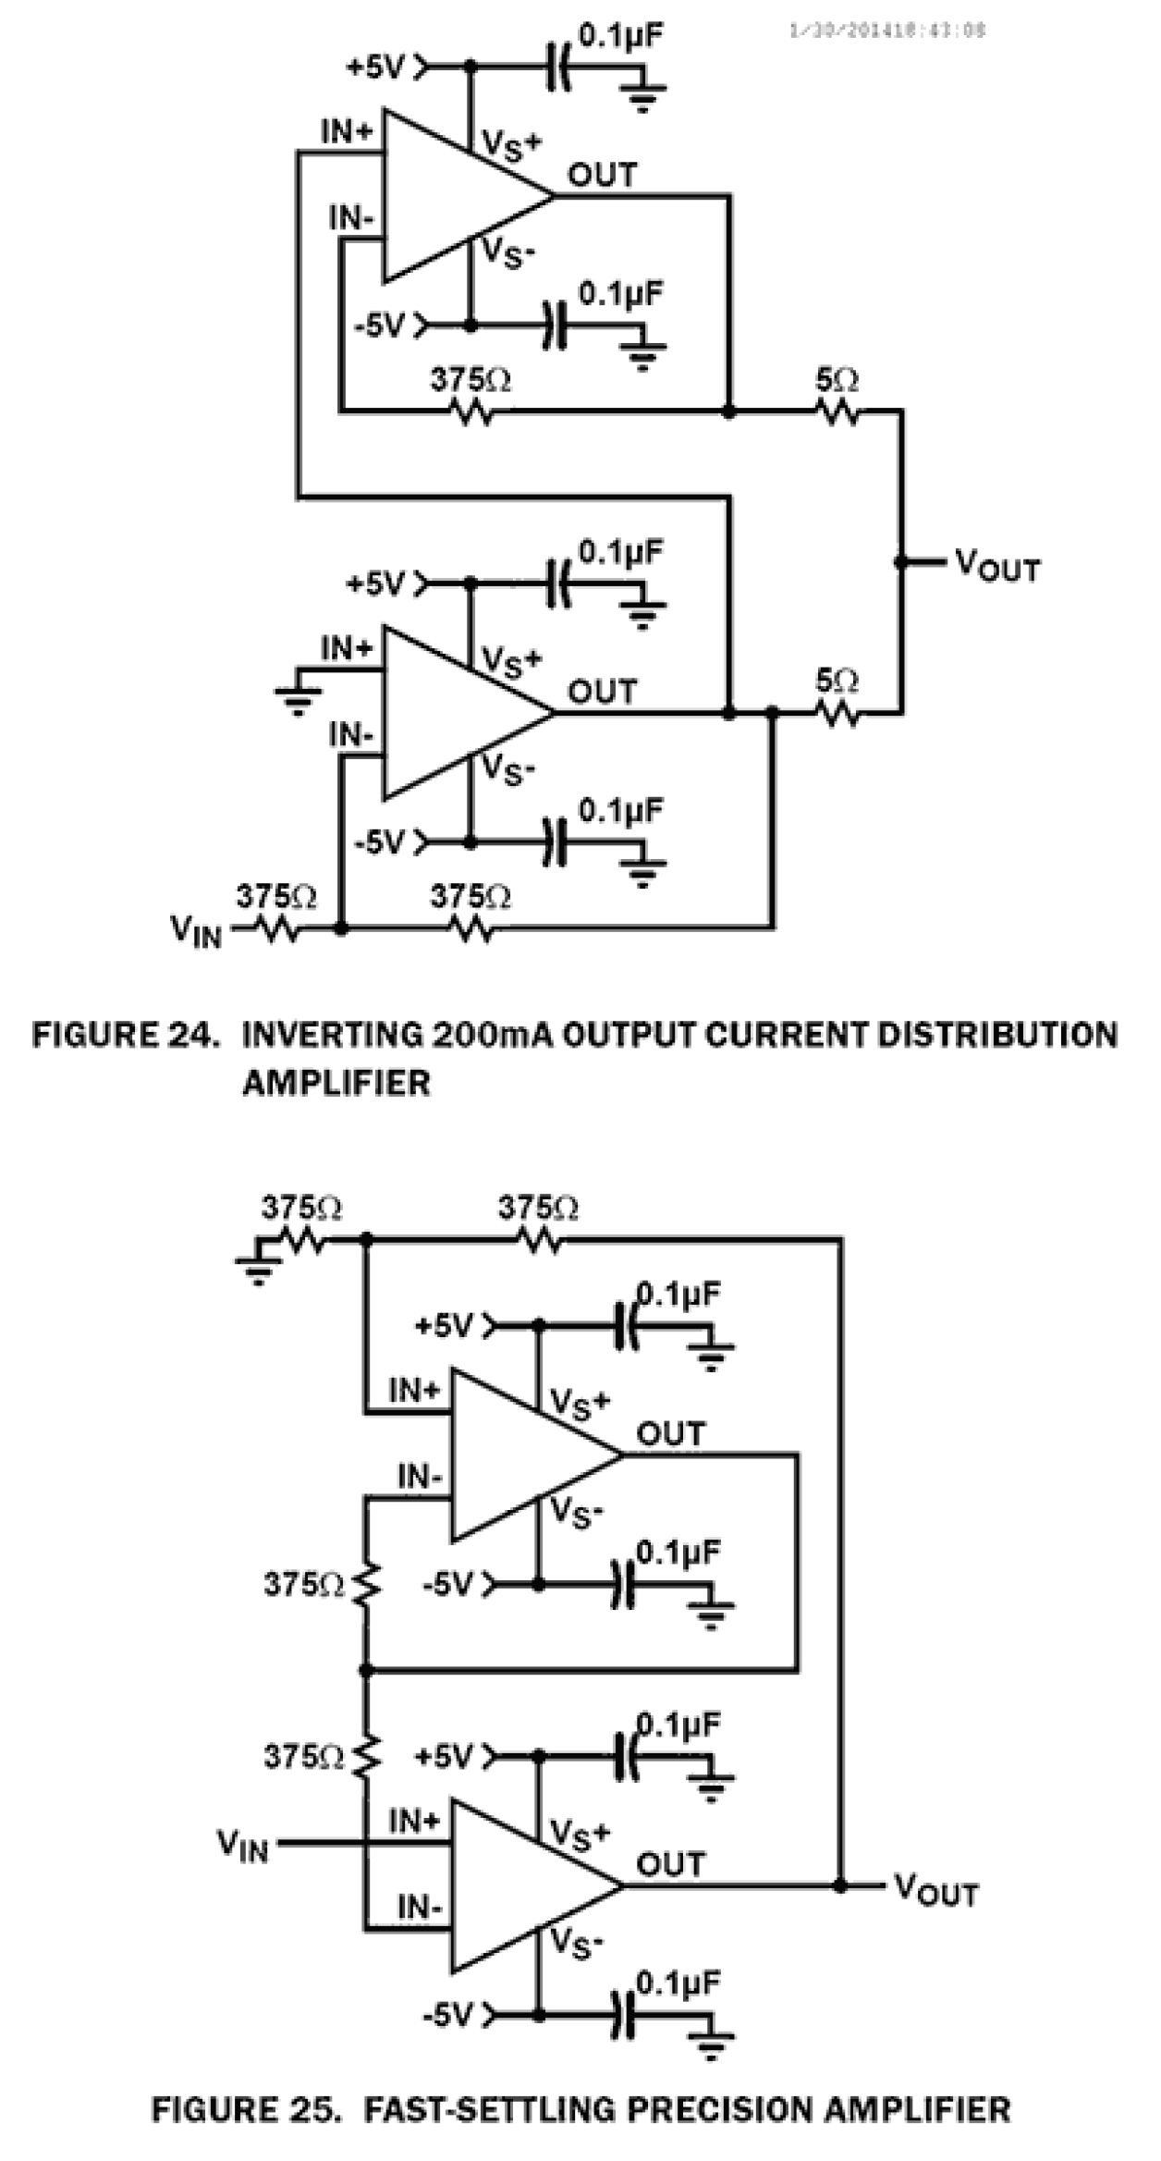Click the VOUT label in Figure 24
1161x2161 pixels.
click(x=996, y=565)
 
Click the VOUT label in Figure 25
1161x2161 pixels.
click(x=935, y=1891)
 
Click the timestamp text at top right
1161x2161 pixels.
click(x=886, y=31)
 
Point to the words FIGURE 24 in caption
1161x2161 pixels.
click(x=126, y=1035)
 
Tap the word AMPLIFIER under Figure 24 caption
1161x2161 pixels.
click(x=336, y=1082)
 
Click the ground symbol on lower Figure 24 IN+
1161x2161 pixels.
click(x=298, y=700)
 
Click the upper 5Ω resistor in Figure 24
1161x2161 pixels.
click(x=839, y=411)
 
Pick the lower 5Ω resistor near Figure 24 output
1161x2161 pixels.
click(x=839, y=713)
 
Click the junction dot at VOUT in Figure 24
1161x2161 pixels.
click(x=901, y=561)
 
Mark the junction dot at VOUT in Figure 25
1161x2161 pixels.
click(x=840, y=1885)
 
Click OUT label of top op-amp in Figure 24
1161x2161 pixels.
click(x=602, y=175)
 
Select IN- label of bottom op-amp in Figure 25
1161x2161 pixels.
click(x=420, y=1907)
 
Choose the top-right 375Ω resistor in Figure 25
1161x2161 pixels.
click(x=539, y=1238)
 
